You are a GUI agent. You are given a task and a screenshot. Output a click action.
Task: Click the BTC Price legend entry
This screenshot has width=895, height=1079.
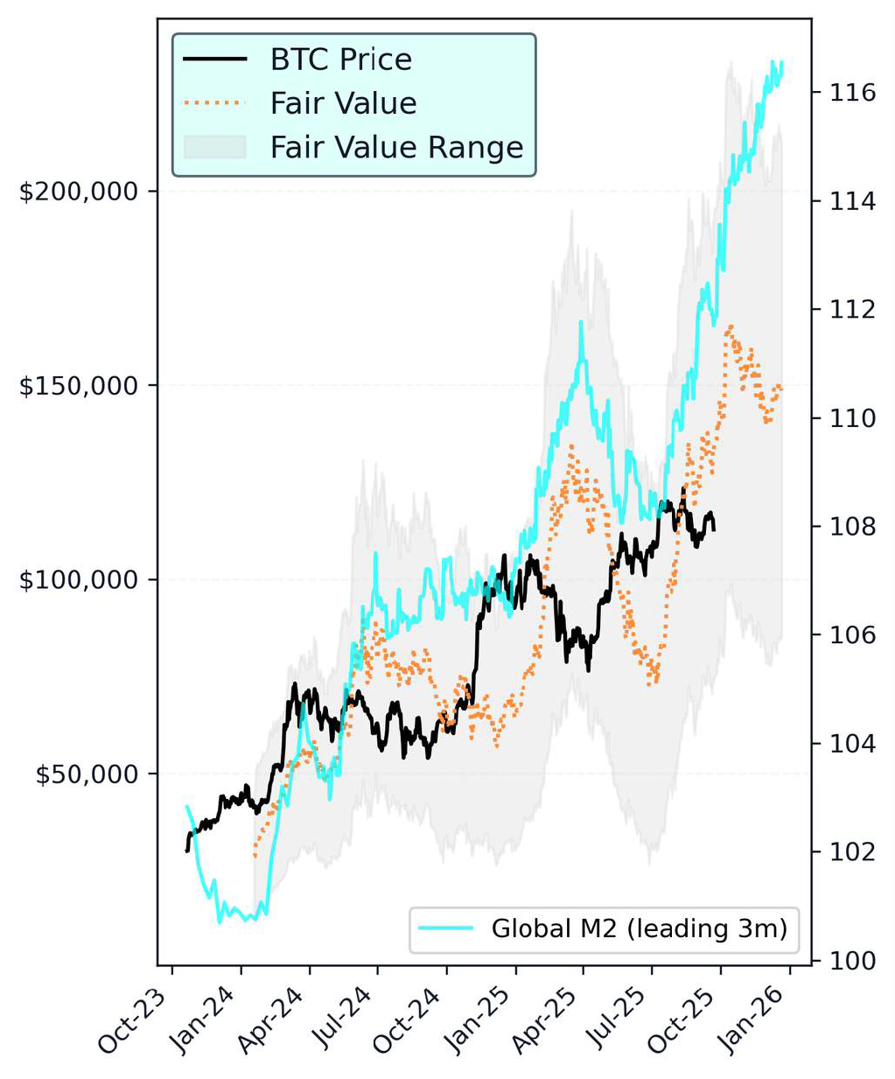pos(340,60)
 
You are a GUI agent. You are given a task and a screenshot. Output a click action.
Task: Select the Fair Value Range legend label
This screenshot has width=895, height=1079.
pos(396,147)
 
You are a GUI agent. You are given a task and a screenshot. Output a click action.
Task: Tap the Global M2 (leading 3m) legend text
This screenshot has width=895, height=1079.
pos(640,928)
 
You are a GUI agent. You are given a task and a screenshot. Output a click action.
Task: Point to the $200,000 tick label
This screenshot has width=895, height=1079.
pos(79,192)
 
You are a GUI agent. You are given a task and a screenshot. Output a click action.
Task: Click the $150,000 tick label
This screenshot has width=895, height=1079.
pos(79,386)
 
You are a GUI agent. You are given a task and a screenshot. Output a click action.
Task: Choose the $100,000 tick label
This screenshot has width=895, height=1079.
pos(79,580)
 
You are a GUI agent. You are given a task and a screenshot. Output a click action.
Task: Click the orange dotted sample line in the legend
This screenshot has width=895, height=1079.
pos(214,103)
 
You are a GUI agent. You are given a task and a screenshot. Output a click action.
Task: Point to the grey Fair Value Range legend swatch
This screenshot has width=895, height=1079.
pos(214,147)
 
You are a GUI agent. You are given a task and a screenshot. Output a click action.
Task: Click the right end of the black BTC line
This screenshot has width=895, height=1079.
pos(714,529)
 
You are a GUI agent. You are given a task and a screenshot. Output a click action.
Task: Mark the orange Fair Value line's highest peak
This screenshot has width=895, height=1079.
pos(730,326)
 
